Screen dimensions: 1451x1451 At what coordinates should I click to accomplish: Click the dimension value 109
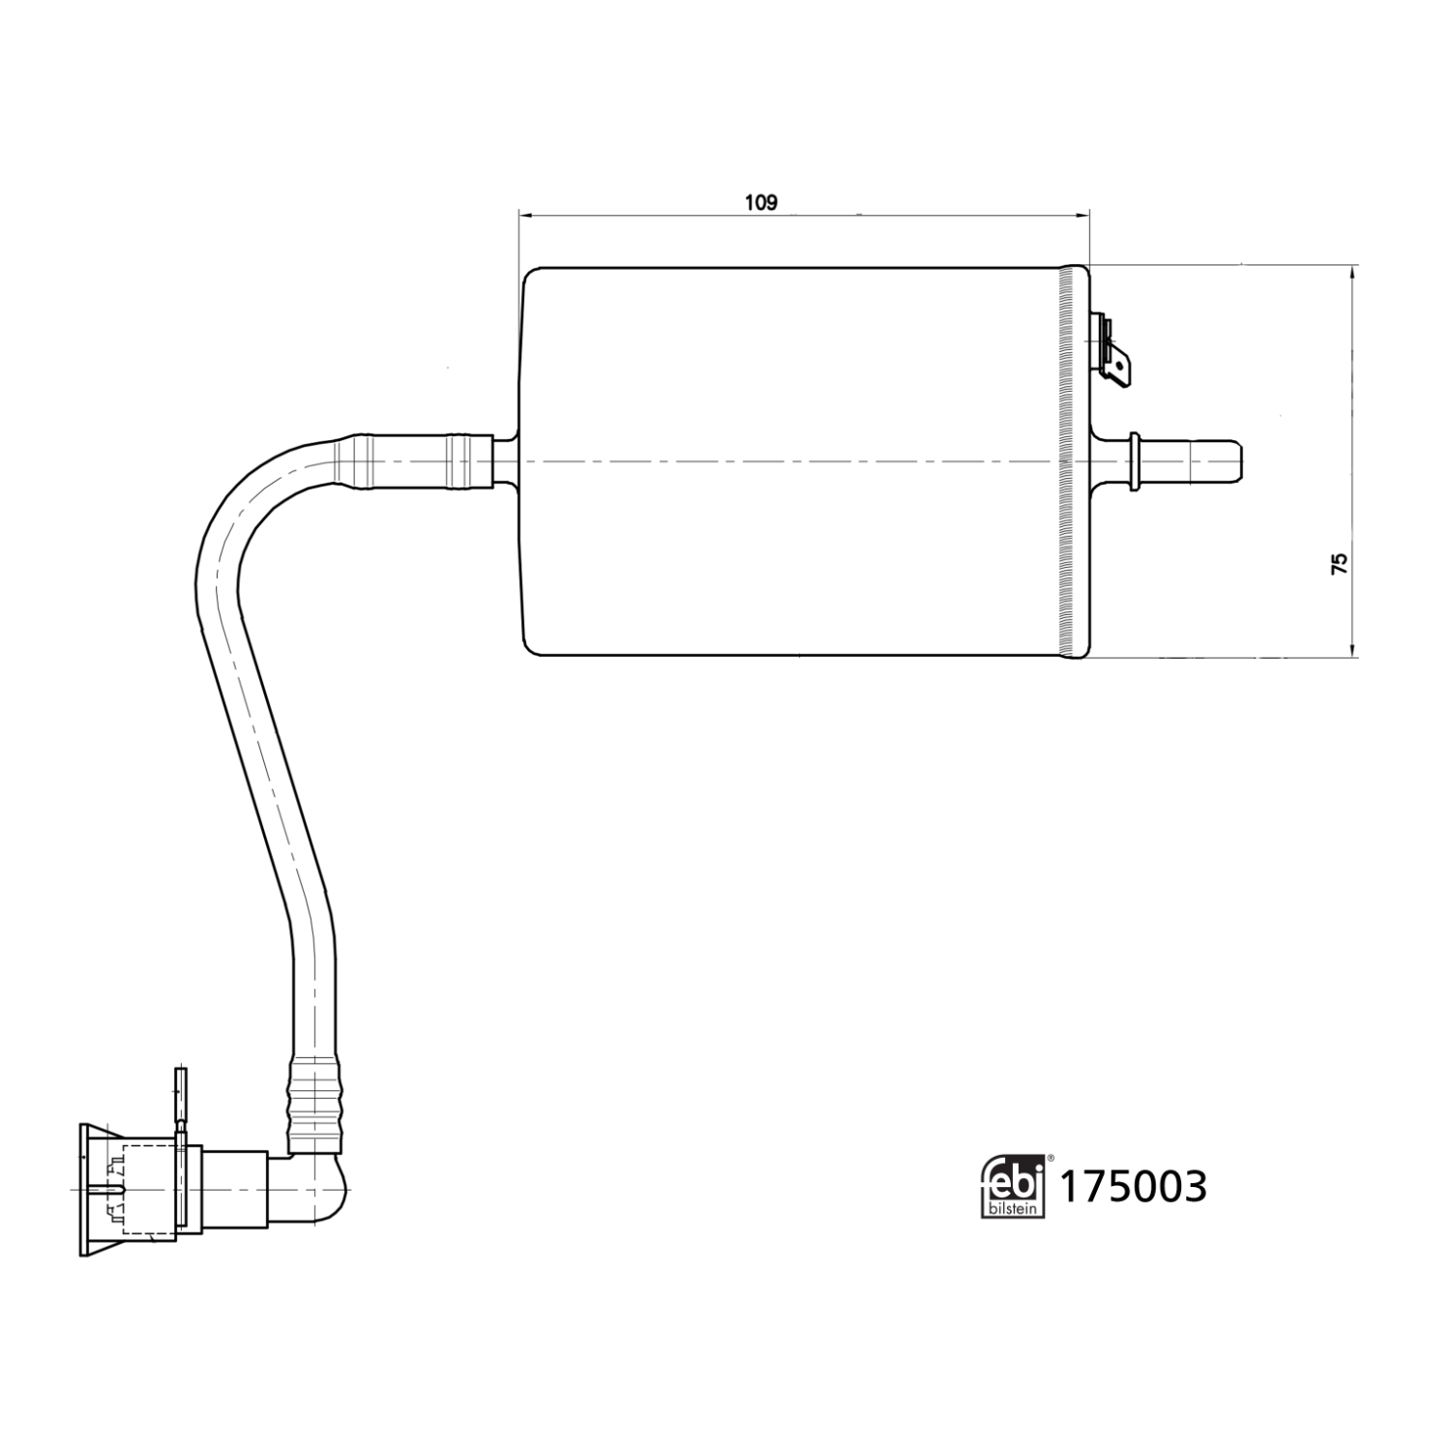760,202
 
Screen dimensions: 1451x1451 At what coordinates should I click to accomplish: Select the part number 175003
1135,1187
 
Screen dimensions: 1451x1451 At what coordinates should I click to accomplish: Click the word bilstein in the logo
1012,1208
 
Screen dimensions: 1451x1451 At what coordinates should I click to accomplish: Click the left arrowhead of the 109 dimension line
526,215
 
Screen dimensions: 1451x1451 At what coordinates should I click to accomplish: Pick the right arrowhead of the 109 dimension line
1082,215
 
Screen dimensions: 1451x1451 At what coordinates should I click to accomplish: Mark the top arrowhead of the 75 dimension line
1352,272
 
